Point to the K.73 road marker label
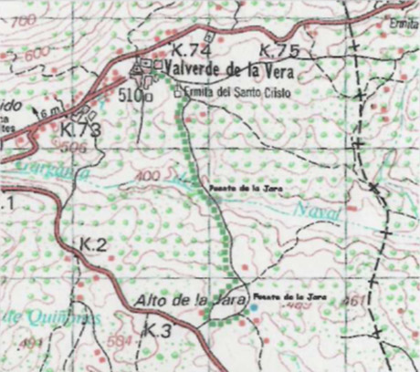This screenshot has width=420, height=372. click(x=79, y=129)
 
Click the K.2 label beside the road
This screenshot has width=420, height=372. click(x=93, y=245)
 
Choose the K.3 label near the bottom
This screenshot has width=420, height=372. click(x=158, y=328)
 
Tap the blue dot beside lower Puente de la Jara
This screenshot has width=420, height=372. click(x=254, y=307)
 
